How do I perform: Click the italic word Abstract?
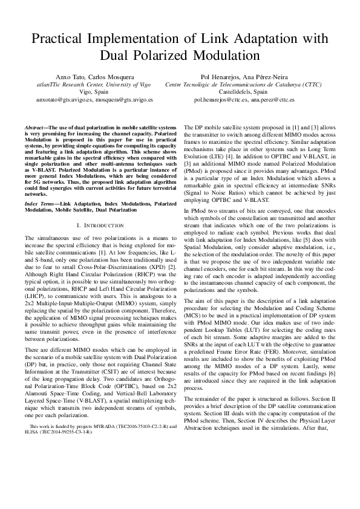point(34,128)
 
